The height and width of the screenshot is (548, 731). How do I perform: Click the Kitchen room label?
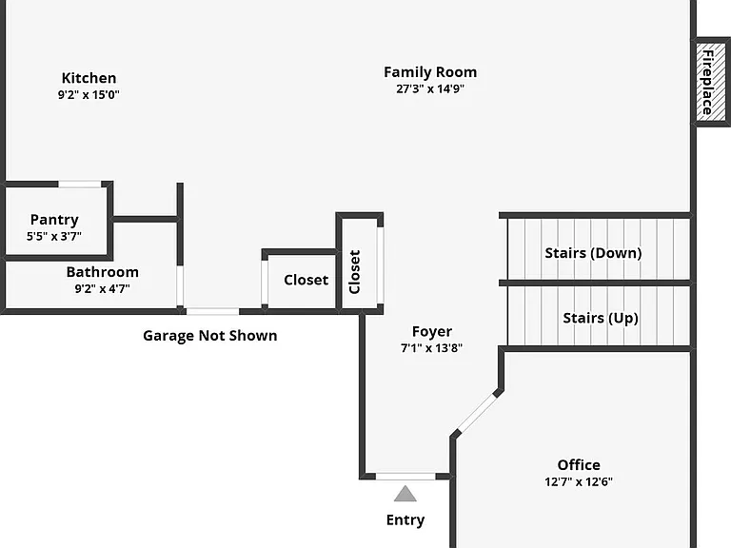coord(89,78)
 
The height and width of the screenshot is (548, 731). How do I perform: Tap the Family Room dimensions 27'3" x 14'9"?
coord(430,88)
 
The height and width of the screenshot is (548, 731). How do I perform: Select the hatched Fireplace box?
coord(710,82)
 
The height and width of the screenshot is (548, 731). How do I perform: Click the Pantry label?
coord(54,220)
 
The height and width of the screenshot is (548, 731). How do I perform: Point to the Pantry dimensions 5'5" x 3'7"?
coord(54,236)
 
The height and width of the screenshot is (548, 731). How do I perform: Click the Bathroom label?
coord(103,272)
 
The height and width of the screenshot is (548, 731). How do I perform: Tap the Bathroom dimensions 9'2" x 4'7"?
coord(103,288)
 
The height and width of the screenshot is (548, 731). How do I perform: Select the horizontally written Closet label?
coord(306,280)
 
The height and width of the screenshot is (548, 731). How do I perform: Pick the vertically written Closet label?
coord(354,272)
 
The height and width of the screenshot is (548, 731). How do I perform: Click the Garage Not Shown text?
coord(209,336)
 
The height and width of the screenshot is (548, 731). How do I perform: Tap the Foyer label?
coord(432,331)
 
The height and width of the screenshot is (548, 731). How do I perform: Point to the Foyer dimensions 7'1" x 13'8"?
coord(432,348)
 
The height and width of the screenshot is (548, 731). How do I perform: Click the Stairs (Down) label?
coord(593,253)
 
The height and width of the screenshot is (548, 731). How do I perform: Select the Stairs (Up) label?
coord(601,319)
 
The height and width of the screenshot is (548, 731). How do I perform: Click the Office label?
coord(579,464)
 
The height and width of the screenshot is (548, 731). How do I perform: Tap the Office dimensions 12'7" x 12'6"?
coord(579,481)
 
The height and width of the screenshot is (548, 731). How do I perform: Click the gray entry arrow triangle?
coord(405,494)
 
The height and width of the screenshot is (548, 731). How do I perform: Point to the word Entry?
coord(405,519)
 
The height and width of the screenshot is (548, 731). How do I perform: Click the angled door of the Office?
coord(477,413)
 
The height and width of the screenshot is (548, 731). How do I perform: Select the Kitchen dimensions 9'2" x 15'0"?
coord(89,94)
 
